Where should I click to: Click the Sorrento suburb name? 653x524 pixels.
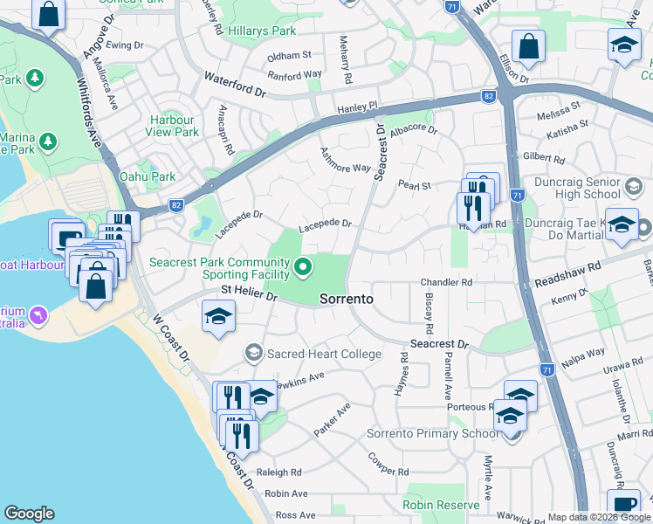347,299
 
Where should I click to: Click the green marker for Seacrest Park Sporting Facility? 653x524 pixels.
304,267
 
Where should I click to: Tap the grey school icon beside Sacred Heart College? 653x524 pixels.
254,353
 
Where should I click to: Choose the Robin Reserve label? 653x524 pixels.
441,505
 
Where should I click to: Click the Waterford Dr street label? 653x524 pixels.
234,85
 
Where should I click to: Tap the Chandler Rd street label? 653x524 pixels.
446,282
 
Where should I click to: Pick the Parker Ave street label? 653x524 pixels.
332,419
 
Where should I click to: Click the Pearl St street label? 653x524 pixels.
415,185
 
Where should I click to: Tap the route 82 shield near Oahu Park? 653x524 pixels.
176,204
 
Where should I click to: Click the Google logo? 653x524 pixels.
29,514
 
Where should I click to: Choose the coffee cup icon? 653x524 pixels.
624,504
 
